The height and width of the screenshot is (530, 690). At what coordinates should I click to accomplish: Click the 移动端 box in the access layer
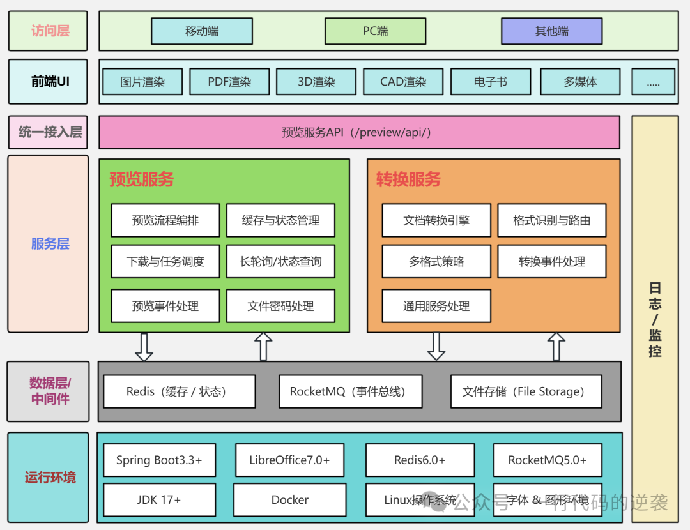coord(202,31)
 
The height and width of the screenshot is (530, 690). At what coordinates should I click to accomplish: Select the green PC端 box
coord(375,31)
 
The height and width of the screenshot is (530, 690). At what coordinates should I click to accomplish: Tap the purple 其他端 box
coord(551,31)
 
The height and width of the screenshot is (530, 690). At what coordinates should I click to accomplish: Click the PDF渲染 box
coord(229,82)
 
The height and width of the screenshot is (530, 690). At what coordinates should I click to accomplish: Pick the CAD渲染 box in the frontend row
coord(403,82)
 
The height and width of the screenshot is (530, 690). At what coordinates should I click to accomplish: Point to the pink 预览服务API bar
coord(359,132)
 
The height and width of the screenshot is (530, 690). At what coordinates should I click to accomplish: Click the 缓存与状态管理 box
coord(280,220)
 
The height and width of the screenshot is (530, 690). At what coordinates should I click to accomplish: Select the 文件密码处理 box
coord(280,306)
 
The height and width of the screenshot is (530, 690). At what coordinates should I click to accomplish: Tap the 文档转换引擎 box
coord(436,220)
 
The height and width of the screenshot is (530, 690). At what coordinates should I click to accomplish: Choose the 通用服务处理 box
coord(436,306)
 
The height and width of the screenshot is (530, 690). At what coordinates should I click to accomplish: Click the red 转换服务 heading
coord(408,179)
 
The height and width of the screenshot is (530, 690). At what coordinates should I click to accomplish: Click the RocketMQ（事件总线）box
coord(350,391)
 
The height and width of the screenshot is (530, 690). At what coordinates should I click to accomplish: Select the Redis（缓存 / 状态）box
coord(179,391)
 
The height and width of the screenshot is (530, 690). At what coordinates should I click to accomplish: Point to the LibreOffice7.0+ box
coord(290,460)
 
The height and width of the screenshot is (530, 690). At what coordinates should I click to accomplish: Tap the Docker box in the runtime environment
coord(290,500)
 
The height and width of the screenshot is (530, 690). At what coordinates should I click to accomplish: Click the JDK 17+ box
coord(158,500)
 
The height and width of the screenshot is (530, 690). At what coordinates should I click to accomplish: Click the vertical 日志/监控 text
coord(655,319)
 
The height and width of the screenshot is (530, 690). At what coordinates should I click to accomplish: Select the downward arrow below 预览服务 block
coord(144,347)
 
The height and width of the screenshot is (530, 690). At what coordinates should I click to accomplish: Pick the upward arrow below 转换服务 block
coord(556,347)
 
